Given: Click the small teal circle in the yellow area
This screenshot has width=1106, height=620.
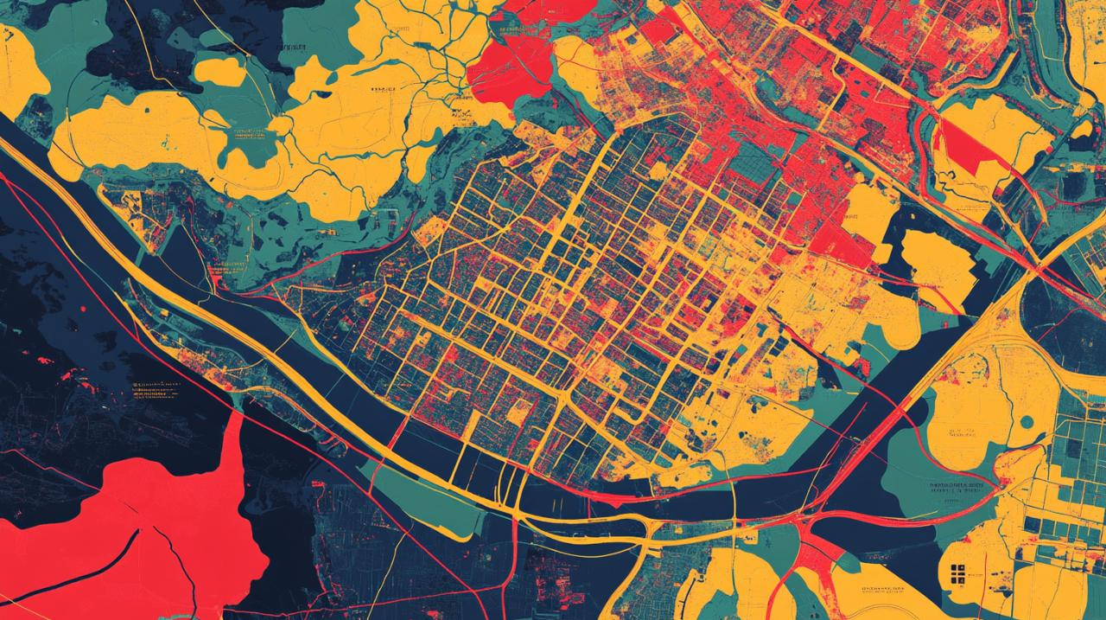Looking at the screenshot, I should [1026, 423].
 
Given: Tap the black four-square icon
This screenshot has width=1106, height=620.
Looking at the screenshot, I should [957, 572].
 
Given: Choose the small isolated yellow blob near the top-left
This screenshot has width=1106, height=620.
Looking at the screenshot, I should [219, 71].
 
